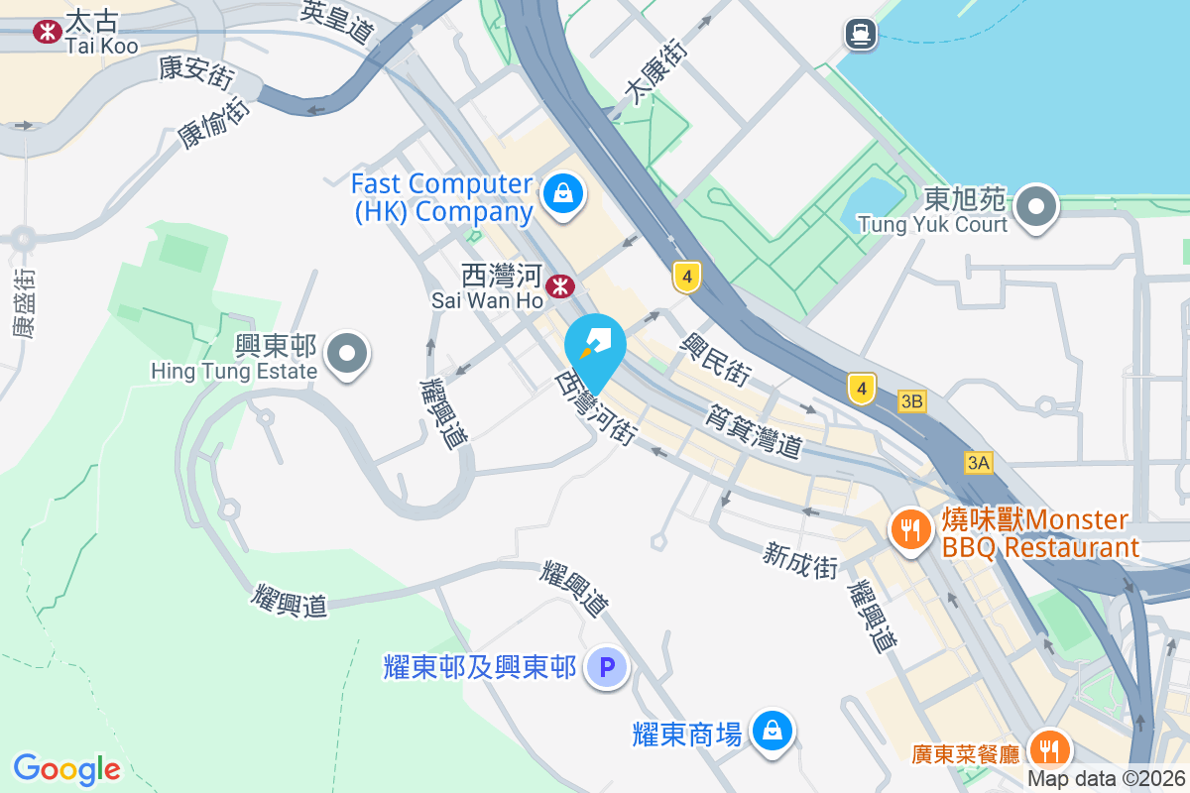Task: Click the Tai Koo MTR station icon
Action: [x=47, y=32]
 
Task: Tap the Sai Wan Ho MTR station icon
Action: [x=561, y=286]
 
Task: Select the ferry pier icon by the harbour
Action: [x=861, y=35]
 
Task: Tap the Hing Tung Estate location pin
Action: [x=347, y=353]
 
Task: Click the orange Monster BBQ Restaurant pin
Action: [x=908, y=528]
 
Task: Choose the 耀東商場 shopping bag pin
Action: [x=772, y=732]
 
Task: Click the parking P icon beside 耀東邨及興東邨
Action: [x=607, y=667]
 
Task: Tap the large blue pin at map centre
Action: [x=595, y=349]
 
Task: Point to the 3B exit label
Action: [x=911, y=401]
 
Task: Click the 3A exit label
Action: [x=979, y=462]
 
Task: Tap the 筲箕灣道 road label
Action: [x=755, y=429]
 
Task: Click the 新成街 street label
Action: [x=800, y=560]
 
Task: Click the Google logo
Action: [x=66, y=768]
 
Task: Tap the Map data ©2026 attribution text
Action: [x=1106, y=779]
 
